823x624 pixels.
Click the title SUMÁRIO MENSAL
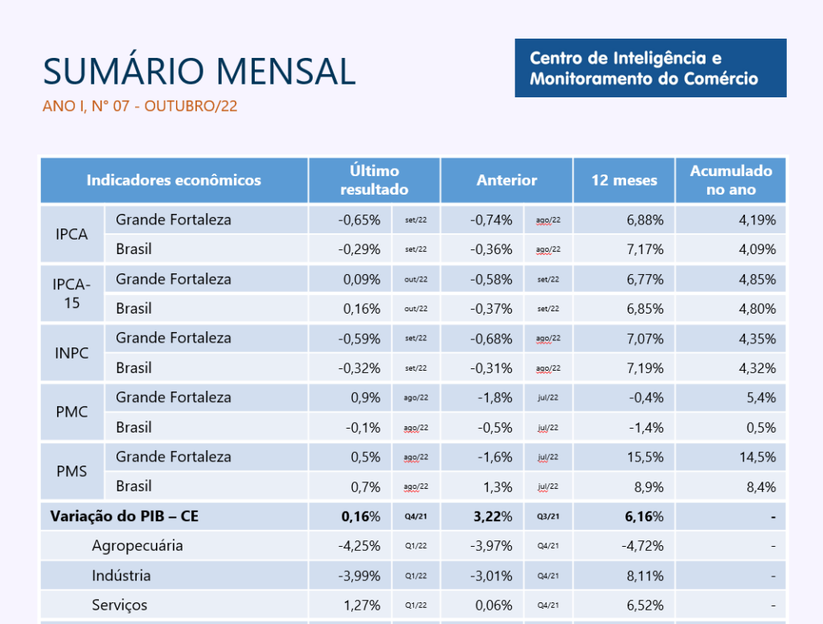199,72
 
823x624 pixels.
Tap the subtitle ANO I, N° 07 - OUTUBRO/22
140,106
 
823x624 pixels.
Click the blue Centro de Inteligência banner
650,68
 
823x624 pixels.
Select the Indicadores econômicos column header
174,180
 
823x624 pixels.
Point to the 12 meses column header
624,180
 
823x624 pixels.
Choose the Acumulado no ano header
731,180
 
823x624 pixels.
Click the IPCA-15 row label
72,294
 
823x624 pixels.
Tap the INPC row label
72,353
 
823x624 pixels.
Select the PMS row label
72,471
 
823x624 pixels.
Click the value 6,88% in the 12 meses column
645,220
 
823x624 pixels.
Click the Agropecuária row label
137,546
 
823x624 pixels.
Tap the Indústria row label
121,576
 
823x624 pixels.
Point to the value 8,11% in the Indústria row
645,576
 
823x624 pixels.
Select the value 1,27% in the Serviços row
362,606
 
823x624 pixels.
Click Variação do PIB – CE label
125,516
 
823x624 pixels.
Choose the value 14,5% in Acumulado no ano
757,457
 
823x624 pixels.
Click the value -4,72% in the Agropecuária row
643,546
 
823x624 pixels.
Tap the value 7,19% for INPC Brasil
645,368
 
